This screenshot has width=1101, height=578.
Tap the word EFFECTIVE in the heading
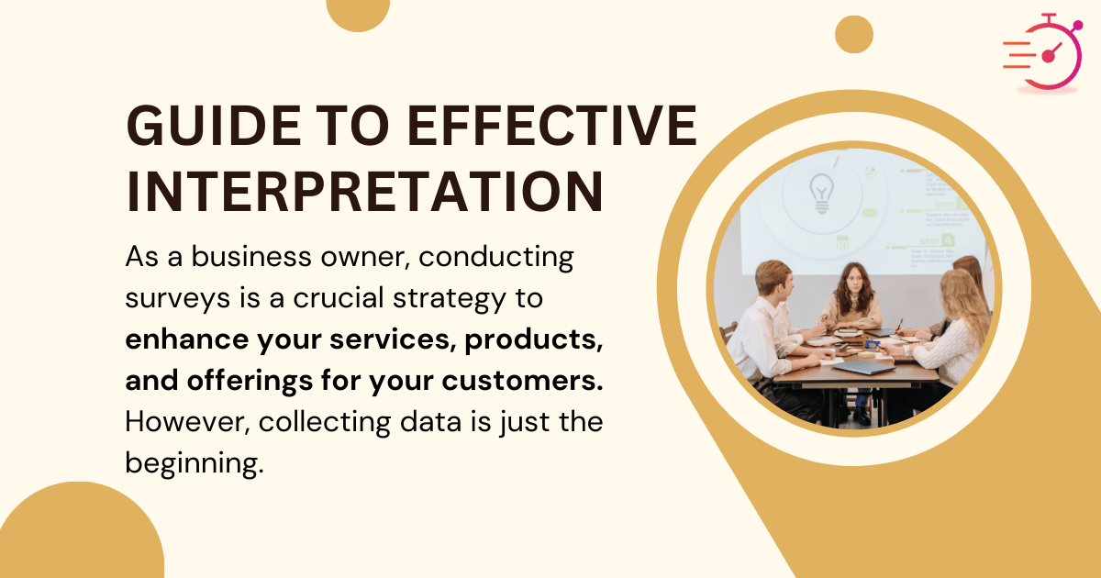click(x=550, y=127)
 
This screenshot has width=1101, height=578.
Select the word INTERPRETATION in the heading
click(x=364, y=190)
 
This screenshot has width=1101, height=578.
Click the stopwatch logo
click(x=1047, y=53)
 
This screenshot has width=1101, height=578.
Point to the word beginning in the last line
click(x=195, y=463)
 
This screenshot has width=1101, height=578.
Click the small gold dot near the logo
click(x=853, y=35)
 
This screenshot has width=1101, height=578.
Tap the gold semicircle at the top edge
click(x=358, y=13)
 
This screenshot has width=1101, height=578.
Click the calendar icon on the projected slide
click(x=841, y=242)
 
